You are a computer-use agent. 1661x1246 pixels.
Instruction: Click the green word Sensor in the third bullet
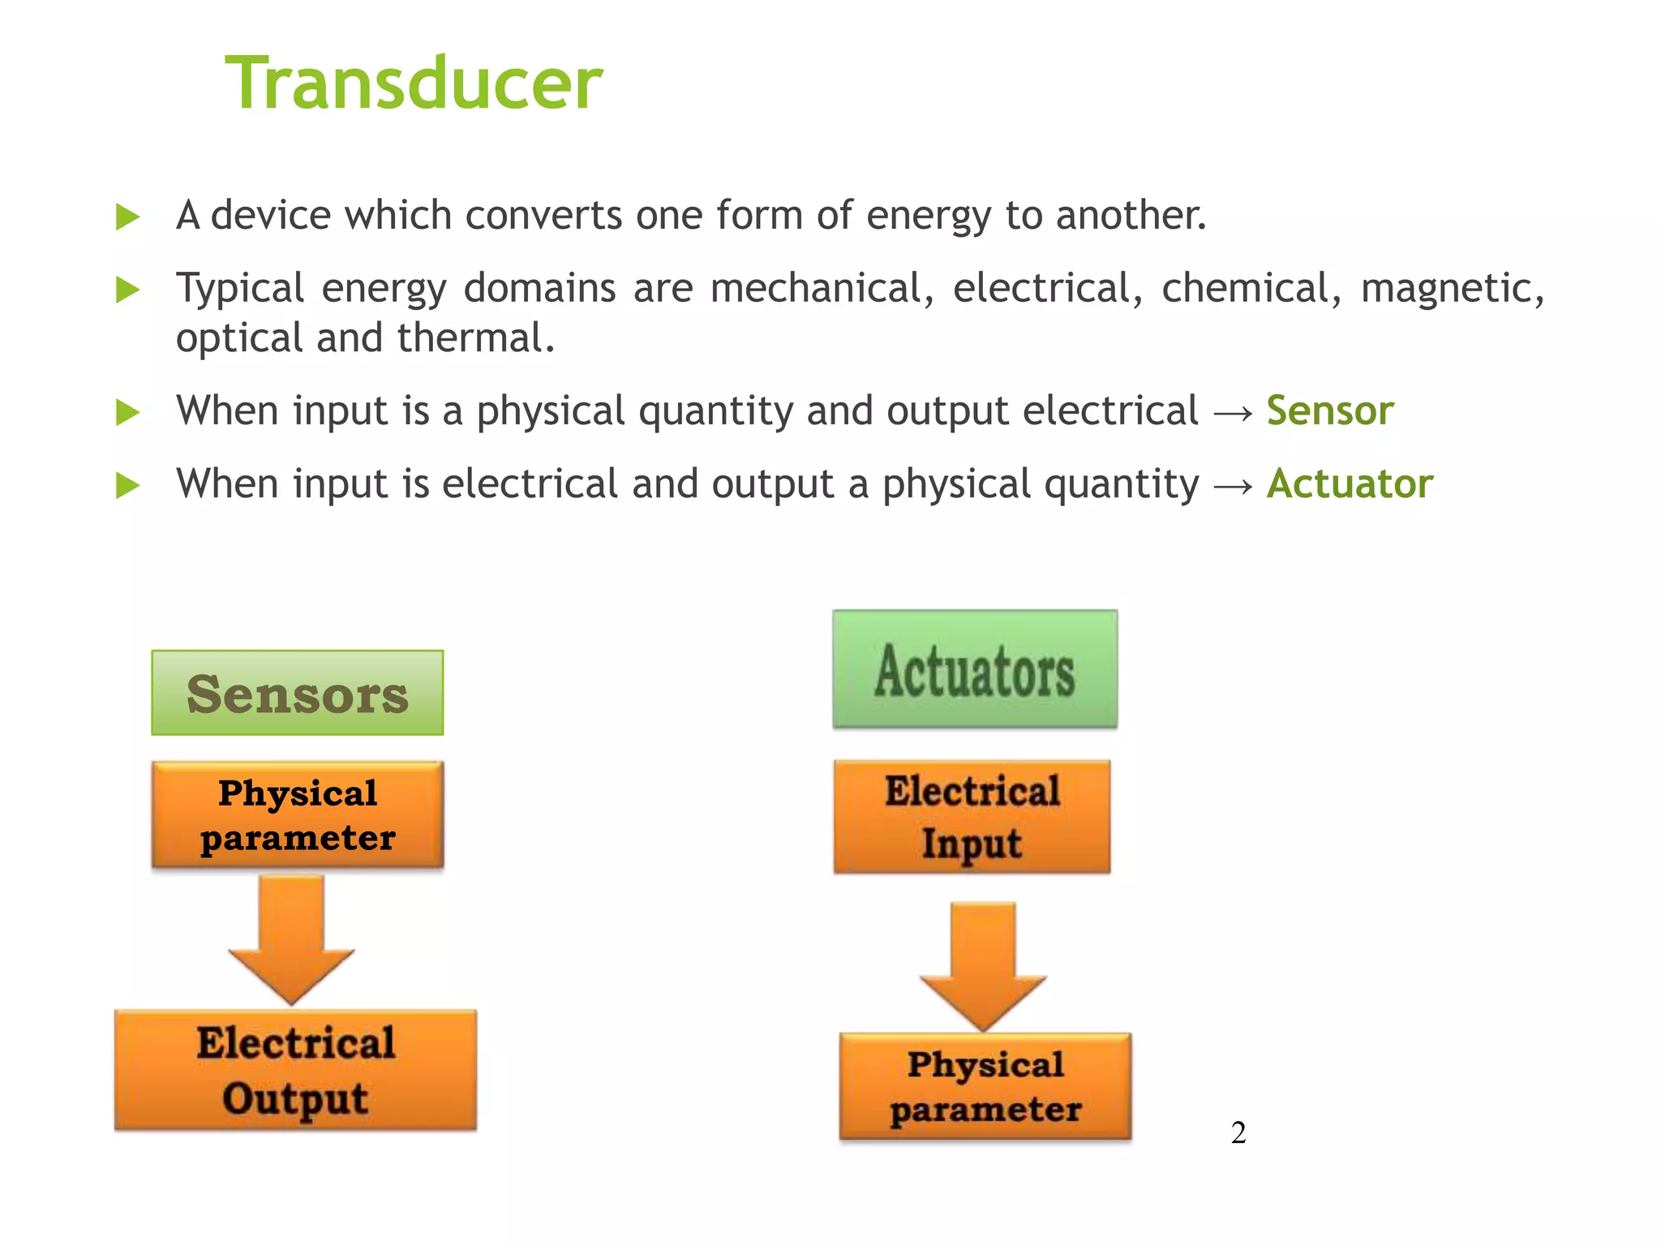[1330, 410]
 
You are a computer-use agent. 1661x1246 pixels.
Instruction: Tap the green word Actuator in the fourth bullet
[1350, 484]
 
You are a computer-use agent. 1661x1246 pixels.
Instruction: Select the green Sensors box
[298, 694]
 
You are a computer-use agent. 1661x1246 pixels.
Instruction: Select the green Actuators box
[975, 669]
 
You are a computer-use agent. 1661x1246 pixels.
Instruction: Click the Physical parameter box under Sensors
[298, 814]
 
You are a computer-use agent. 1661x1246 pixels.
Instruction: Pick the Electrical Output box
[296, 1070]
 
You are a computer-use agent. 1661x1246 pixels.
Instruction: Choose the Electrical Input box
[972, 816]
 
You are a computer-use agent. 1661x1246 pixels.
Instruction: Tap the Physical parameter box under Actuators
[985, 1086]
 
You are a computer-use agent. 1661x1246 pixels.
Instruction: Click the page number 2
[1238, 1132]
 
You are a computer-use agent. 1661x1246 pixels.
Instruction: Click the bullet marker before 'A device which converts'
[127, 217]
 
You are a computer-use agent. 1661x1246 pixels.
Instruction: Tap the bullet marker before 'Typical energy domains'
[127, 290]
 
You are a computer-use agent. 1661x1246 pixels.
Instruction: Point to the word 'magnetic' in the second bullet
[1452, 289]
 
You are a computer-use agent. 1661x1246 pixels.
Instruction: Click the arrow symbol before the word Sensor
[1233, 413]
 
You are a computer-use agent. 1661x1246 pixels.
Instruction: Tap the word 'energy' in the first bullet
[928, 216]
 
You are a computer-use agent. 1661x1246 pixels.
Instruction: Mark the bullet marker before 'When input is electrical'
[127, 486]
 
